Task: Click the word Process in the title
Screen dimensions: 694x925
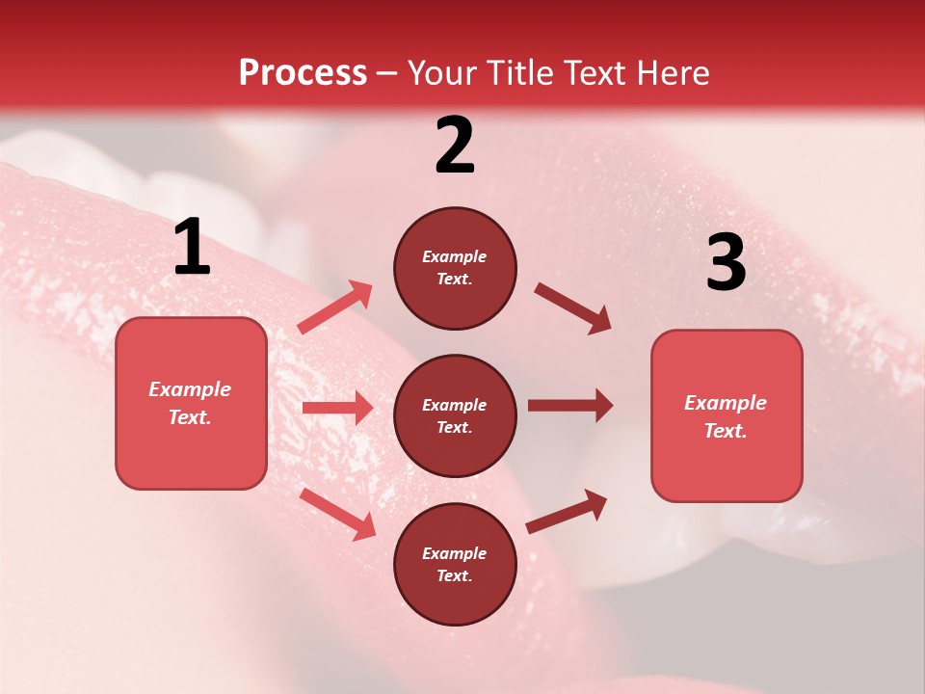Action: click(x=303, y=73)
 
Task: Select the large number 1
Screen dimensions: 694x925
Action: click(x=192, y=248)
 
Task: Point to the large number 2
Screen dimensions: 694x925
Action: click(x=455, y=147)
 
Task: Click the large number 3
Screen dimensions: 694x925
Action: click(x=726, y=263)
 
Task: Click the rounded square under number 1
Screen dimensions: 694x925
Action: click(x=191, y=403)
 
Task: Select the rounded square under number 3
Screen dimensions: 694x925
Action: click(x=727, y=415)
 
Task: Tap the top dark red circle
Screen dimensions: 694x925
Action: click(x=455, y=268)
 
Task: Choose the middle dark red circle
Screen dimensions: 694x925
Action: click(x=455, y=415)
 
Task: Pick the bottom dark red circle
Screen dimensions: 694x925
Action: click(x=455, y=564)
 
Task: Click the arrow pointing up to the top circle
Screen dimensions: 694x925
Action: click(x=335, y=307)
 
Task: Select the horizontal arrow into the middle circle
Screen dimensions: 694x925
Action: click(x=337, y=408)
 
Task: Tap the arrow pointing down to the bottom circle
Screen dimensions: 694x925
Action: click(x=337, y=513)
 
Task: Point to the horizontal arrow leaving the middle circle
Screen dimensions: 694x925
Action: click(x=570, y=406)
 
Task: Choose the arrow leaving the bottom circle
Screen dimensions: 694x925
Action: click(x=567, y=512)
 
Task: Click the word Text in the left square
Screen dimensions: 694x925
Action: click(x=189, y=417)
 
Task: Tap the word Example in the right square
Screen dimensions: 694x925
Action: click(x=726, y=403)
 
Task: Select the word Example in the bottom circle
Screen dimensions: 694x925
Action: click(x=455, y=553)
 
